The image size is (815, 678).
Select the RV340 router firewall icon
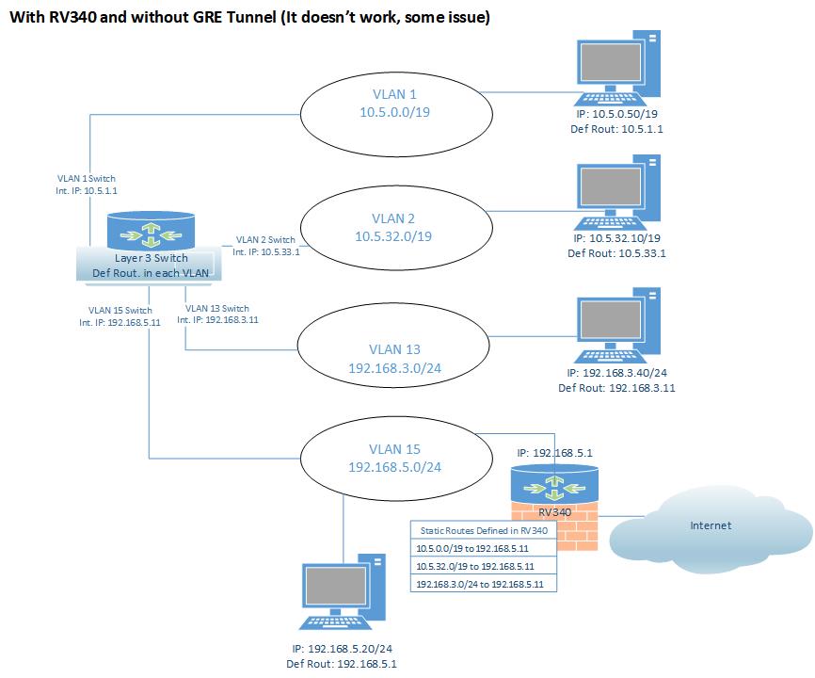pyautogui.click(x=554, y=504)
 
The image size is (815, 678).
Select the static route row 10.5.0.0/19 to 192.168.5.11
pyautogui.click(x=484, y=548)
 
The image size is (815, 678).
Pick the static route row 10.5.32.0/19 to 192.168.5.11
pyautogui.click(x=484, y=566)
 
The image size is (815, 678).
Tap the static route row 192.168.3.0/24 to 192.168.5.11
pyautogui.click(x=484, y=585)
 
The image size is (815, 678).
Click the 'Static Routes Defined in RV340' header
pyautogui.click(x=484, y=530)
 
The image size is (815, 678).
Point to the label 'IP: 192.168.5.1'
pyautogui.click(x=554, y=452)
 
